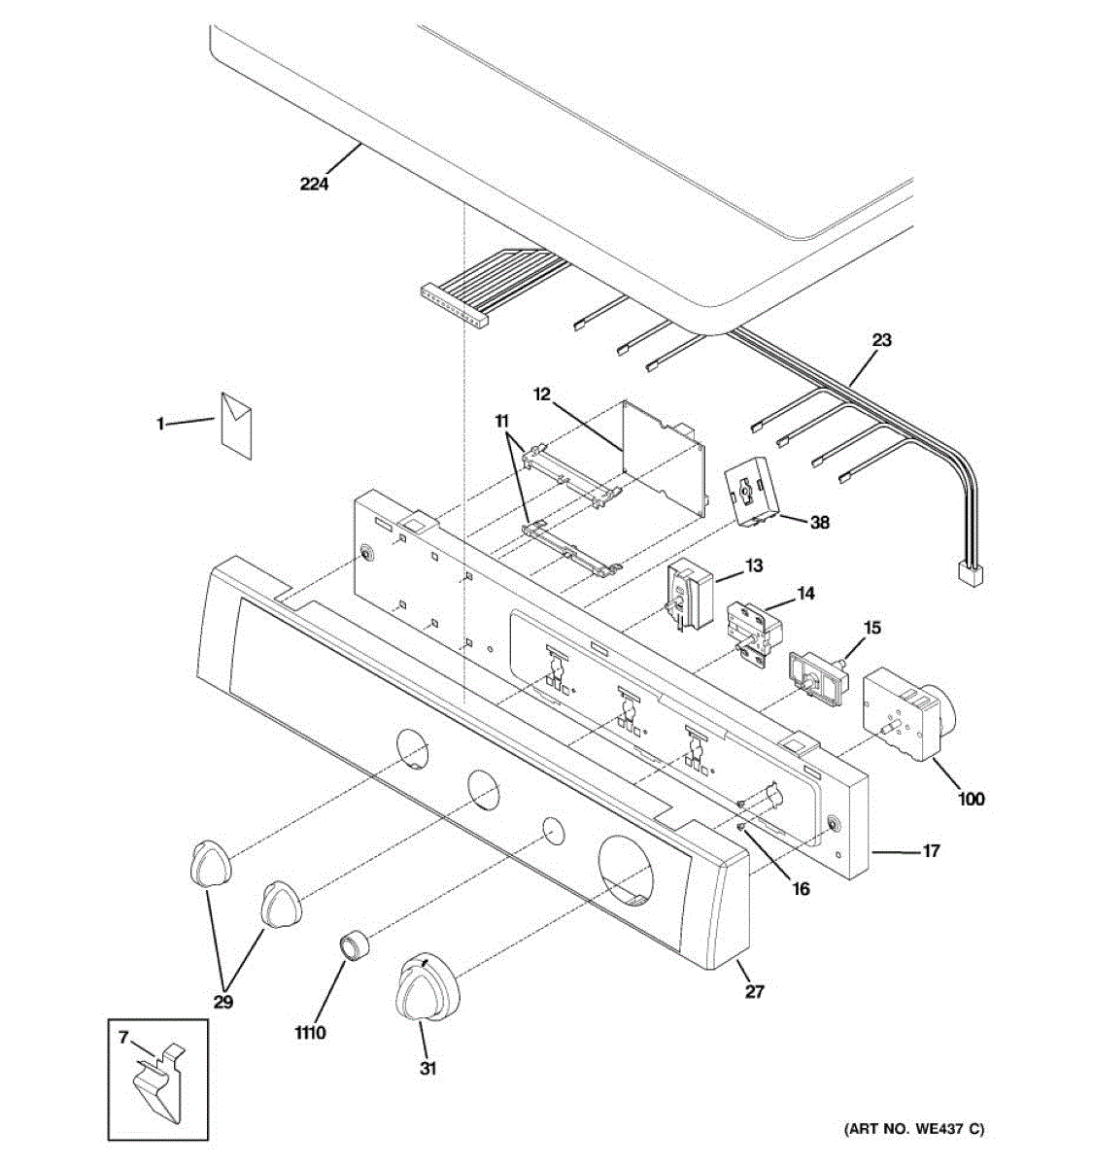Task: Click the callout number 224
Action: tap(314, 182)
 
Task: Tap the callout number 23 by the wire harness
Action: tap(881, 341)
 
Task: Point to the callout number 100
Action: tap(970, 799)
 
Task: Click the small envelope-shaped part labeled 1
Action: tap(236, 424)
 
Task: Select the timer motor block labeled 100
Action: tap(903, 714)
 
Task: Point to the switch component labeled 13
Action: tap(688, 595)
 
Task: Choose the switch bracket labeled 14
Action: tap(753, 629)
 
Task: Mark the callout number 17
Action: tap(931, 851)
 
